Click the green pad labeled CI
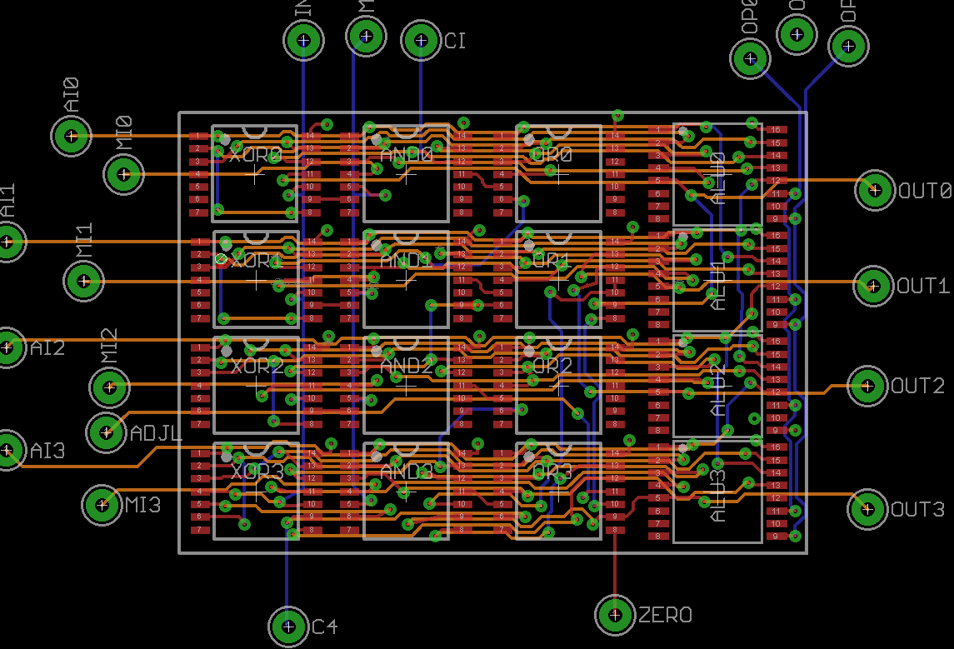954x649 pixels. [421, 41]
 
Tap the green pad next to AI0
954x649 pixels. [72, 135]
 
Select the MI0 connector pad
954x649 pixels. [124, 174]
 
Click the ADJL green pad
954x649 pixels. [107, 431]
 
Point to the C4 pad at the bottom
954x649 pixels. [288, 626]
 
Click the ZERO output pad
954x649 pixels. [616, 614]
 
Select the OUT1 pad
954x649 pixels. [873, 286]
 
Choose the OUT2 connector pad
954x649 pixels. [867, 385]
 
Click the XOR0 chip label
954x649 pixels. [256, 155]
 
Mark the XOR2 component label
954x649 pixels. [256, 366]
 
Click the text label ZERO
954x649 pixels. [665, 616]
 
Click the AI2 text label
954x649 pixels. [47, 348]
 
